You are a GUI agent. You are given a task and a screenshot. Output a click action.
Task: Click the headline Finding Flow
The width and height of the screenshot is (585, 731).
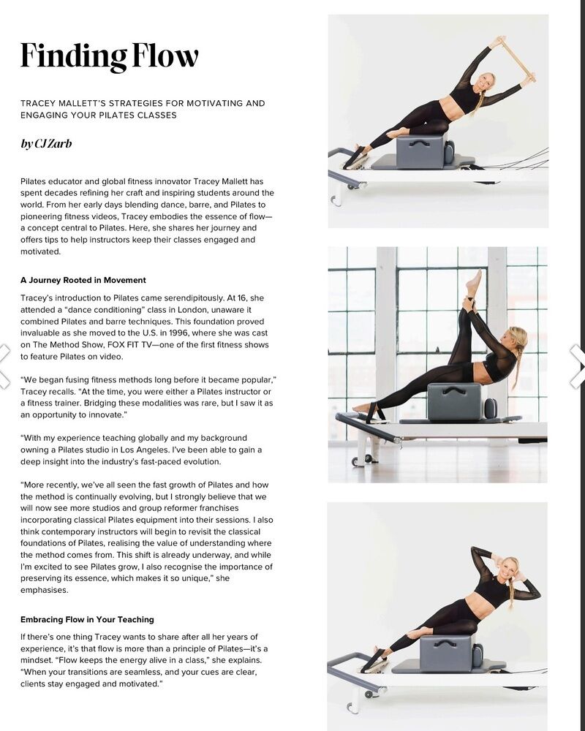(x=110, y=56)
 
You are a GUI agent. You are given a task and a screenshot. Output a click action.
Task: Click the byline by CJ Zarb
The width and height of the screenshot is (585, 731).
(x=46, y=143)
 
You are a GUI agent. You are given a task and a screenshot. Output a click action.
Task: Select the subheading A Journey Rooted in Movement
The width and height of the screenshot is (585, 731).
(x=83, y=280)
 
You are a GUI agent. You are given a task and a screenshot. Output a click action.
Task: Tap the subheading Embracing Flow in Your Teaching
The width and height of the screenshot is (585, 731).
(x=87, y=620)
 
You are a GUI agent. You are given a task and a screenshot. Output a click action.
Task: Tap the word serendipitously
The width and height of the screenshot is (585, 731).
(x=195, y=298)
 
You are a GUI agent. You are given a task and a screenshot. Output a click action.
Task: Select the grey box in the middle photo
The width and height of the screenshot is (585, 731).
(x=454, y=401)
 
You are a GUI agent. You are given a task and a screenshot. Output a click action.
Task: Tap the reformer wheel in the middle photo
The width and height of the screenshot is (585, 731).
(x=357, y=461)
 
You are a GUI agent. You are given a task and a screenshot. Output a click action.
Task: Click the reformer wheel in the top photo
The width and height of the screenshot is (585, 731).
(x=335, y=200)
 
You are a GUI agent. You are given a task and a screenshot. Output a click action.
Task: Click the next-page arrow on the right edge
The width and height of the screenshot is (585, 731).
(x=578, y=366)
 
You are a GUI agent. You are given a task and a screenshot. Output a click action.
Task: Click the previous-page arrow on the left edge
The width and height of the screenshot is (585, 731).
(x=4, y=366)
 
